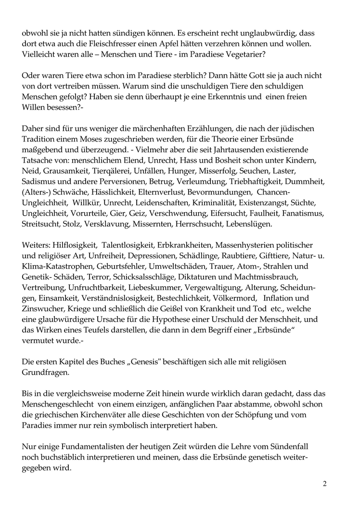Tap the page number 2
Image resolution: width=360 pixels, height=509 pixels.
[325, 484]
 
